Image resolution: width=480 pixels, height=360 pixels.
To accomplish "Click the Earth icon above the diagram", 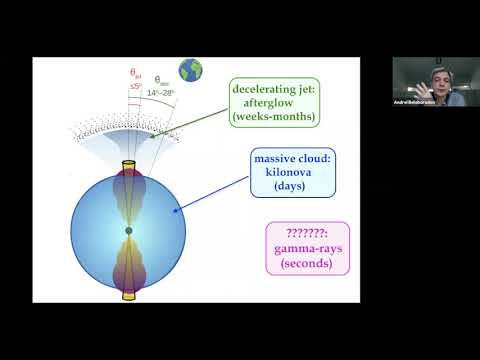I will [x=190, y=70].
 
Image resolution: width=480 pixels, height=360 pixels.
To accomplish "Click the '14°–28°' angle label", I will [x=160, y=93].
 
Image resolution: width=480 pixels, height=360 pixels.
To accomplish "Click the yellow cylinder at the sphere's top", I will [x=129, y=165].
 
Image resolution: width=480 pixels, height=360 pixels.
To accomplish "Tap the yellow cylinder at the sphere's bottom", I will [x=129, y=293].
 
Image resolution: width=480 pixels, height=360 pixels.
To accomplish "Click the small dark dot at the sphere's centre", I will [x=129, y=231].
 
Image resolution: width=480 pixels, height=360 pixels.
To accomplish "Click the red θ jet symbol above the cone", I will [x=136, y=73].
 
